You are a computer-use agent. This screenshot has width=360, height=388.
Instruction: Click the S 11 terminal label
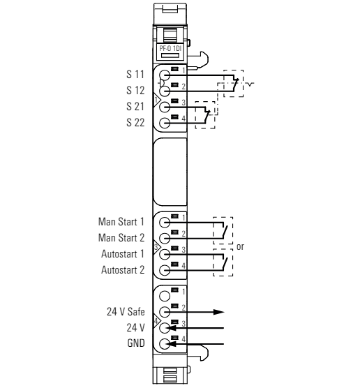[135, 75]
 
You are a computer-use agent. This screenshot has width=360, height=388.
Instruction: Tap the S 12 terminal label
[135, 90]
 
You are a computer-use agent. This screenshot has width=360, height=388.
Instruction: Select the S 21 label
[135, 106]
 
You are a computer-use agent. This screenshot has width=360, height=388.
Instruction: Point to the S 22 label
[135, 123]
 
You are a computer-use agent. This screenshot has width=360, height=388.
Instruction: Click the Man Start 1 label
[121, 222]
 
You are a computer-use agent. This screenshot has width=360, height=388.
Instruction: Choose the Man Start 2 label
[121, 238]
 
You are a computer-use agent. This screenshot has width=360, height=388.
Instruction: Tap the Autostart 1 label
[123, 254]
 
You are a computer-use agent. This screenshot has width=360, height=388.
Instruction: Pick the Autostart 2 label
[123, 270]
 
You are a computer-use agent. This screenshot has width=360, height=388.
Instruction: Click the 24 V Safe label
[126, 312]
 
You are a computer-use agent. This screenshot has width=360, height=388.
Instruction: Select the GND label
[136, 343]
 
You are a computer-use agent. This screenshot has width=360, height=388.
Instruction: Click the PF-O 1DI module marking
[170, 48]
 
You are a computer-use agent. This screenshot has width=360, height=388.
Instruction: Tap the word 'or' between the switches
[240, 247]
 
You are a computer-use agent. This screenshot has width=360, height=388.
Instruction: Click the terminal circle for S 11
[165, 75]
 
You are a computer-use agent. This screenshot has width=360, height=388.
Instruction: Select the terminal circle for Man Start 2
[165, 239]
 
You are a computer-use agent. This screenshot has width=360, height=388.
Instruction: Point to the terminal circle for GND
[165, 344]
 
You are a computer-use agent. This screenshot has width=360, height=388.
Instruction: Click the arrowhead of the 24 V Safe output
[219, 312]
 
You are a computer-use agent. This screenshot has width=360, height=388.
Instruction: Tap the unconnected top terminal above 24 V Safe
[165, 296]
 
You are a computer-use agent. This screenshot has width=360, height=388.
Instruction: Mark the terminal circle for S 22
[165, 124]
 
